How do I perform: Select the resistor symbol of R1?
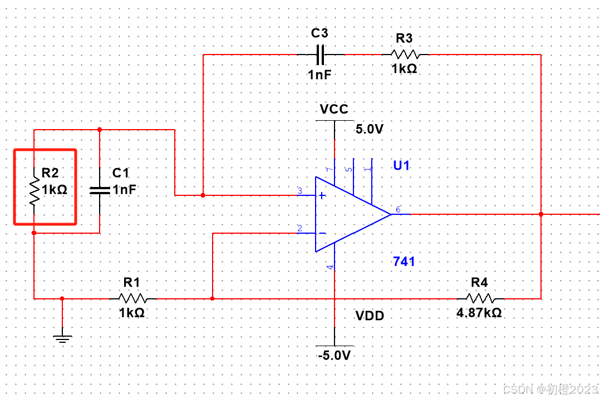(133, 298)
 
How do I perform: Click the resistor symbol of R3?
(405, 55)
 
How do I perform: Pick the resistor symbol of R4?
(480, 298)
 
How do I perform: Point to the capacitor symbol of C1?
(100, 190)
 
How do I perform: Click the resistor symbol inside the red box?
(34, 190)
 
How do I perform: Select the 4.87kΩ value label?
(479, 313)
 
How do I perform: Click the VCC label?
(334, 109)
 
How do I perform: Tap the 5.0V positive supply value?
(370, 129)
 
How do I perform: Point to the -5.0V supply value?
(334, 356)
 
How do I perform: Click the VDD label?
(370, 316)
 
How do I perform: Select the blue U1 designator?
(402, 165)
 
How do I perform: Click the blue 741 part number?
(404, 261)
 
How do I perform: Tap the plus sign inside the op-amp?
(322, 196)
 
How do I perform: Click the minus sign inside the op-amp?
(322, 233)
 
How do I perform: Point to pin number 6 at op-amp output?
(398, 210)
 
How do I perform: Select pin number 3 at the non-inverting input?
(299, 191)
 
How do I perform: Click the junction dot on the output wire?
(541, 214)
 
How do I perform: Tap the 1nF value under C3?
(321, 74)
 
